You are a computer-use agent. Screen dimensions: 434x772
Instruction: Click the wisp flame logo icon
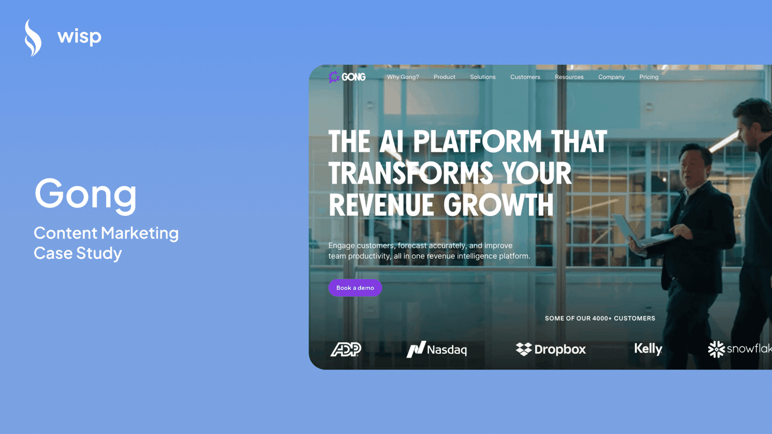pos(33,38)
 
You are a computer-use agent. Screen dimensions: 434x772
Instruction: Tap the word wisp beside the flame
pos(79,37)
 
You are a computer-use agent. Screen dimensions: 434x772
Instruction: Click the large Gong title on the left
pos(86,194)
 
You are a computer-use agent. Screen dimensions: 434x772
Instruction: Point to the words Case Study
pos(78,253)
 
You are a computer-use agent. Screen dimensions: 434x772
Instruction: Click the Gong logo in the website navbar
pos(347,77)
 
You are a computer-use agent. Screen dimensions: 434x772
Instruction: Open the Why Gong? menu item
pos(403,77)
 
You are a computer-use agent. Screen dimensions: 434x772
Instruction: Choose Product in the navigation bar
pos(444,77)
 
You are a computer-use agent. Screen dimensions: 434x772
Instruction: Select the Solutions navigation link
pos(483,77)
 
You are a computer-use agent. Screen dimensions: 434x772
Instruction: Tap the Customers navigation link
pos(525,77)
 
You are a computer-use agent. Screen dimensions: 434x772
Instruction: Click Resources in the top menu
pos(569,77)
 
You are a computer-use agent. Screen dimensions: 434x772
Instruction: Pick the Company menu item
pos(611,77)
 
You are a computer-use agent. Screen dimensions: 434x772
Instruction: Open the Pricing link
pos(649,77)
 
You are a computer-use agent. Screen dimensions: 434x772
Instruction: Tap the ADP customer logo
pos(346,350)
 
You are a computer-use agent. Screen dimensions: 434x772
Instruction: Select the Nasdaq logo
pos(437,350)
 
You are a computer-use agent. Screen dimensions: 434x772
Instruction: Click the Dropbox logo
pos(551,349)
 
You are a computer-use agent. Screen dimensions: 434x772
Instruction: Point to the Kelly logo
pos(648,349)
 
